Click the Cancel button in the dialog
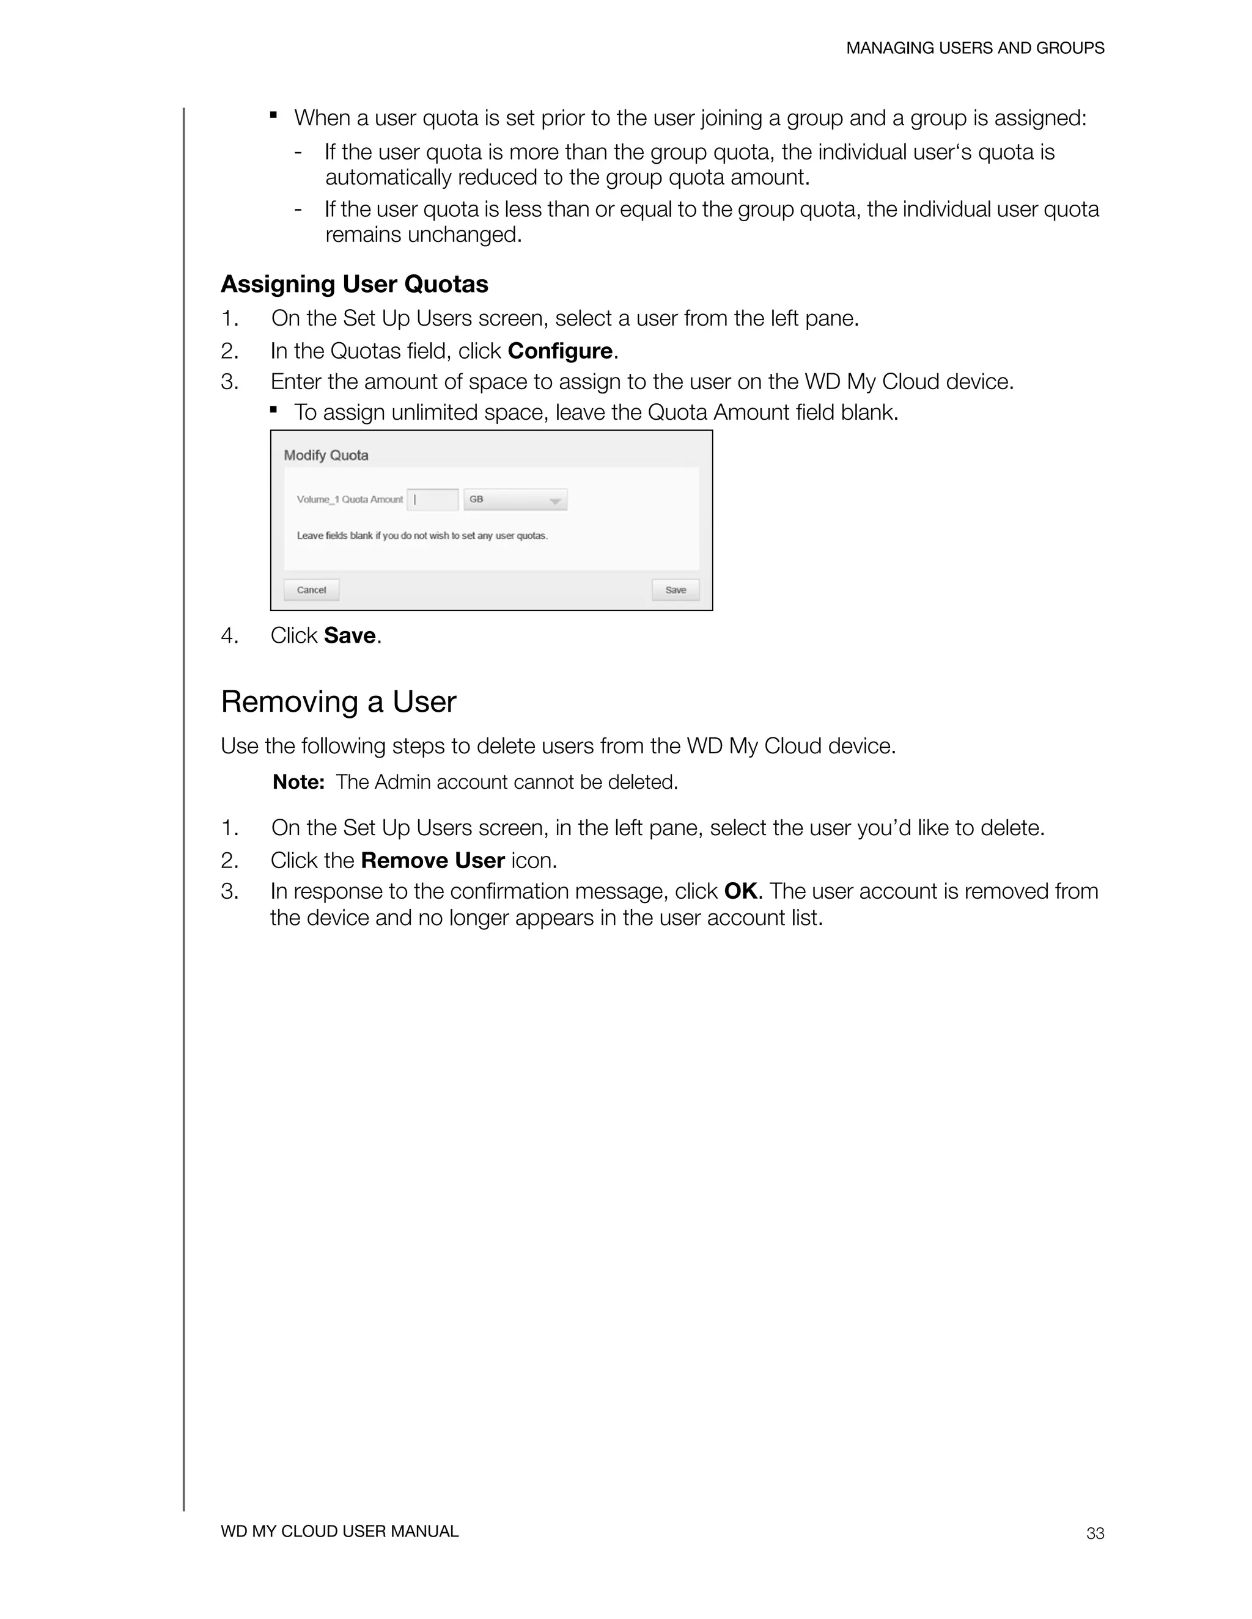312,590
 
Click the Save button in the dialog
675,590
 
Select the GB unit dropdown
515,500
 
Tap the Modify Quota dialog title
326,455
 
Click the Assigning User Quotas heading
355,284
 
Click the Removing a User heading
338,701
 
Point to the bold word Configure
560,351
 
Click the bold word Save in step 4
349,635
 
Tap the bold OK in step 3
740,891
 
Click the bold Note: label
298,782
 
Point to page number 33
1095,1533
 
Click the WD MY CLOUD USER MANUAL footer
340,1531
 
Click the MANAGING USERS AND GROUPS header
974,48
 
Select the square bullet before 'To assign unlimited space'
274,409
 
